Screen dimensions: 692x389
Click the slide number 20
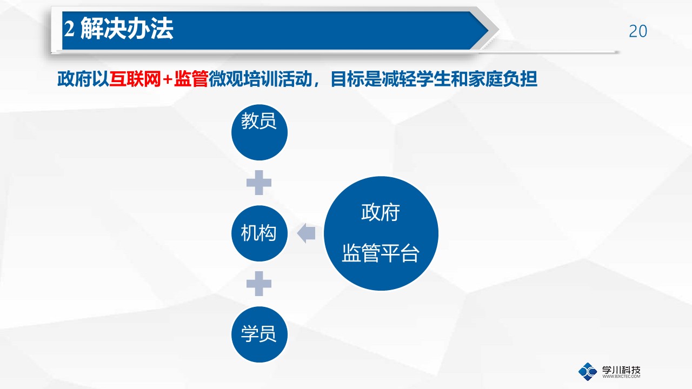pyautogui.click(x=638, y=31)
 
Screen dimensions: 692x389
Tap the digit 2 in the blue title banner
pyautogui.click(x=69, y=29)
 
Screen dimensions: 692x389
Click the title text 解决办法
pyautogui.click(x=127, y=29)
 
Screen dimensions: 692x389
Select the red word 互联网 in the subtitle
pyautogui.click(x=135, y=79)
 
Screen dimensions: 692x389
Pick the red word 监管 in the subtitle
pyautogui.click(x=191, y=79)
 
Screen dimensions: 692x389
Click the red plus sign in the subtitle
pyautogui.click(x=168, y=79)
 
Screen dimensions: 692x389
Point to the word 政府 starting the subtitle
pyautogui.click(x=75, y=79)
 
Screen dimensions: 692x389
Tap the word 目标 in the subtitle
pyautogui.click(x=347, y=79)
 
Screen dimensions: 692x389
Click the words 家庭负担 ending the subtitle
pyautogui.click(x=503, y=79)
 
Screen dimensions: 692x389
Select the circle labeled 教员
pyautogui.click(x=259, y=132)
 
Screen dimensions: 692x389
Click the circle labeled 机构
pyautogui.click(x=259, y=233)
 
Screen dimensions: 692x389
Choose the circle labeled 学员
pyautogui.click(x=259, y=334)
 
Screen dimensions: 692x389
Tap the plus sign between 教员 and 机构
pyautogui.click(x=259, y=183)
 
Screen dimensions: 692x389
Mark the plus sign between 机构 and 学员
pyautogui.click(x=259, y=284)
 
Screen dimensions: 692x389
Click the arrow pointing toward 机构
pyautogui.click(x=306, y=233)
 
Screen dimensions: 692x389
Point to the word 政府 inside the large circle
pyautogui.click(x=381, y=212)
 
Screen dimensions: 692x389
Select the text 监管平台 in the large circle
pyautogui.click(x=381, y=253)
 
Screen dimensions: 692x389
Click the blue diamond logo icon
pyautogui.click(x=588, y=372)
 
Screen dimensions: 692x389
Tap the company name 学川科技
pyautogui.click(x=621, y=370)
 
